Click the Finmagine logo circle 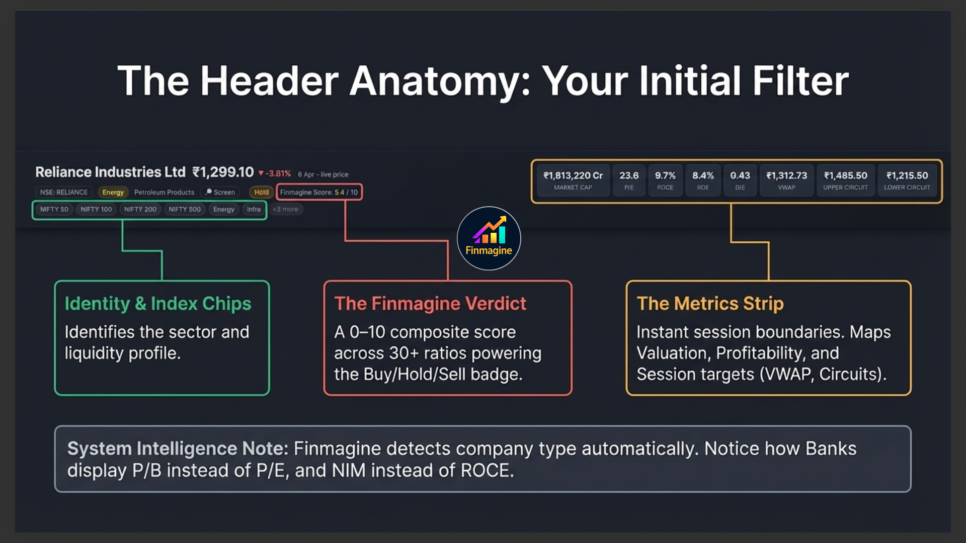[x=489, y=238]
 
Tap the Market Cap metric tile [x=573, y=180]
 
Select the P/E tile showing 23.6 [x=628, y=180]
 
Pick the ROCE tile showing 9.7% [x=665, y=180]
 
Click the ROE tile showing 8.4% [x=702, y=180]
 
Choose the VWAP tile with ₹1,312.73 [x=786, y=180]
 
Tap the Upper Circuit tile [x=845, y=180]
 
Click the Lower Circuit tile [x=907, y=180]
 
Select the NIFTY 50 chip [x=54, y=209]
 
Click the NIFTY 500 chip [x=184, y=209]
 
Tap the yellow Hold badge [x=261, y=192]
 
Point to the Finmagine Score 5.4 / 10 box [x=318, y=192]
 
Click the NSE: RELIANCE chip [x=63, y=192]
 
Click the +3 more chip [x=285, y=209]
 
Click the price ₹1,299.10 [x=223, y=172]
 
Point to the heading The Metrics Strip [x=710, y=303]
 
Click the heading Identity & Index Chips [x=157, y=303]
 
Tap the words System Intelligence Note [x=177, y=448]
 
